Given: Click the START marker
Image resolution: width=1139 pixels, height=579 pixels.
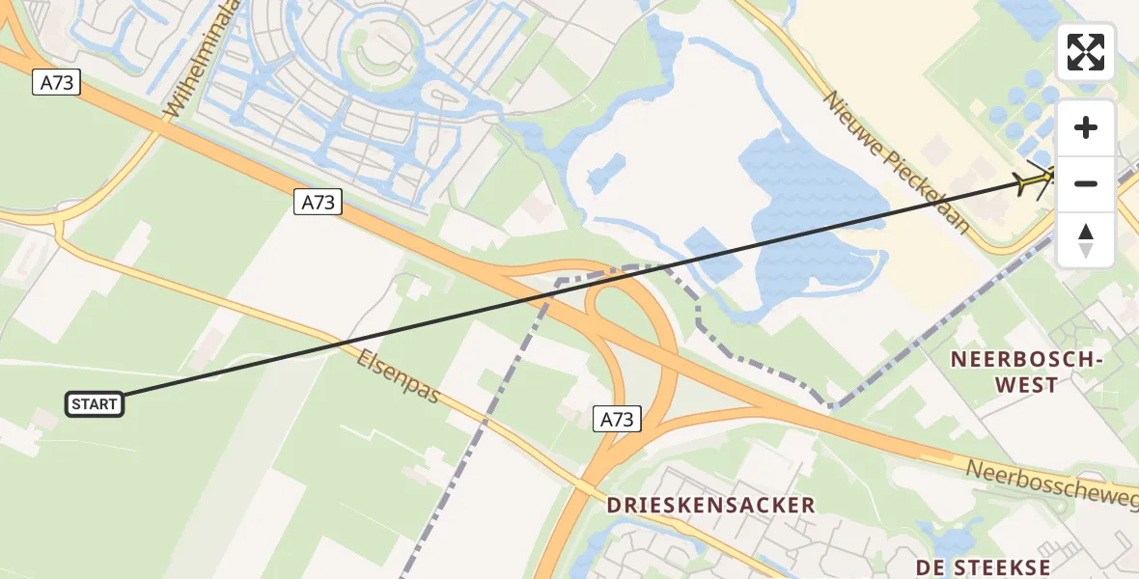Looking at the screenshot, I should (95, 404).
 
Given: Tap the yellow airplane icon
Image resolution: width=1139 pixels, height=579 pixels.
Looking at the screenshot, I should (1036, 179).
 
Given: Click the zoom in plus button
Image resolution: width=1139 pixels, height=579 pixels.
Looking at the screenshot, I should (1086, 127).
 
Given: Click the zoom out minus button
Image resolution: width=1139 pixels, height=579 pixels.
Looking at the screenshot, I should (1086, 183).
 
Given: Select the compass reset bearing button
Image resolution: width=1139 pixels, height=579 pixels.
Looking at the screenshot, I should (1086, 239).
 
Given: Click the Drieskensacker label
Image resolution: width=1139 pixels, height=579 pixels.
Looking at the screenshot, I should (710, 505).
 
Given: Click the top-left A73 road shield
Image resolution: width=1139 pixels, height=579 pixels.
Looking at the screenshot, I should (57, 83).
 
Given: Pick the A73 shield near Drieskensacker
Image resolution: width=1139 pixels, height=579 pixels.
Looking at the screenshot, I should (617, 419).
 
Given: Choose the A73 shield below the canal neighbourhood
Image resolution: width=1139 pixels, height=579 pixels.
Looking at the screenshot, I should (319, 203).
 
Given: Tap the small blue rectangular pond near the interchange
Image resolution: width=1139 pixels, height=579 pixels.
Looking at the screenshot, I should (712, 253).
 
